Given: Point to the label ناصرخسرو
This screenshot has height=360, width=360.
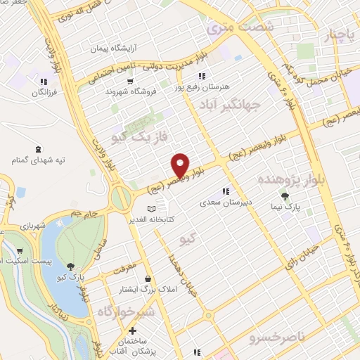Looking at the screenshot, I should click(278, 338).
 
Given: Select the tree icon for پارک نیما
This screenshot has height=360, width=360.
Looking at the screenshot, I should click(285, 197).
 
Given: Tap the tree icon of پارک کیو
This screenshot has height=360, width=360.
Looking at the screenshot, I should click(70, 266).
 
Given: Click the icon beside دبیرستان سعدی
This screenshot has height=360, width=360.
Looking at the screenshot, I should click(225, 191).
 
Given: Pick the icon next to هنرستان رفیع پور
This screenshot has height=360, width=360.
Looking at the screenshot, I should click(201, 76).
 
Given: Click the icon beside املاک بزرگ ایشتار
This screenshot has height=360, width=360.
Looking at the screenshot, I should click(146, 278).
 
